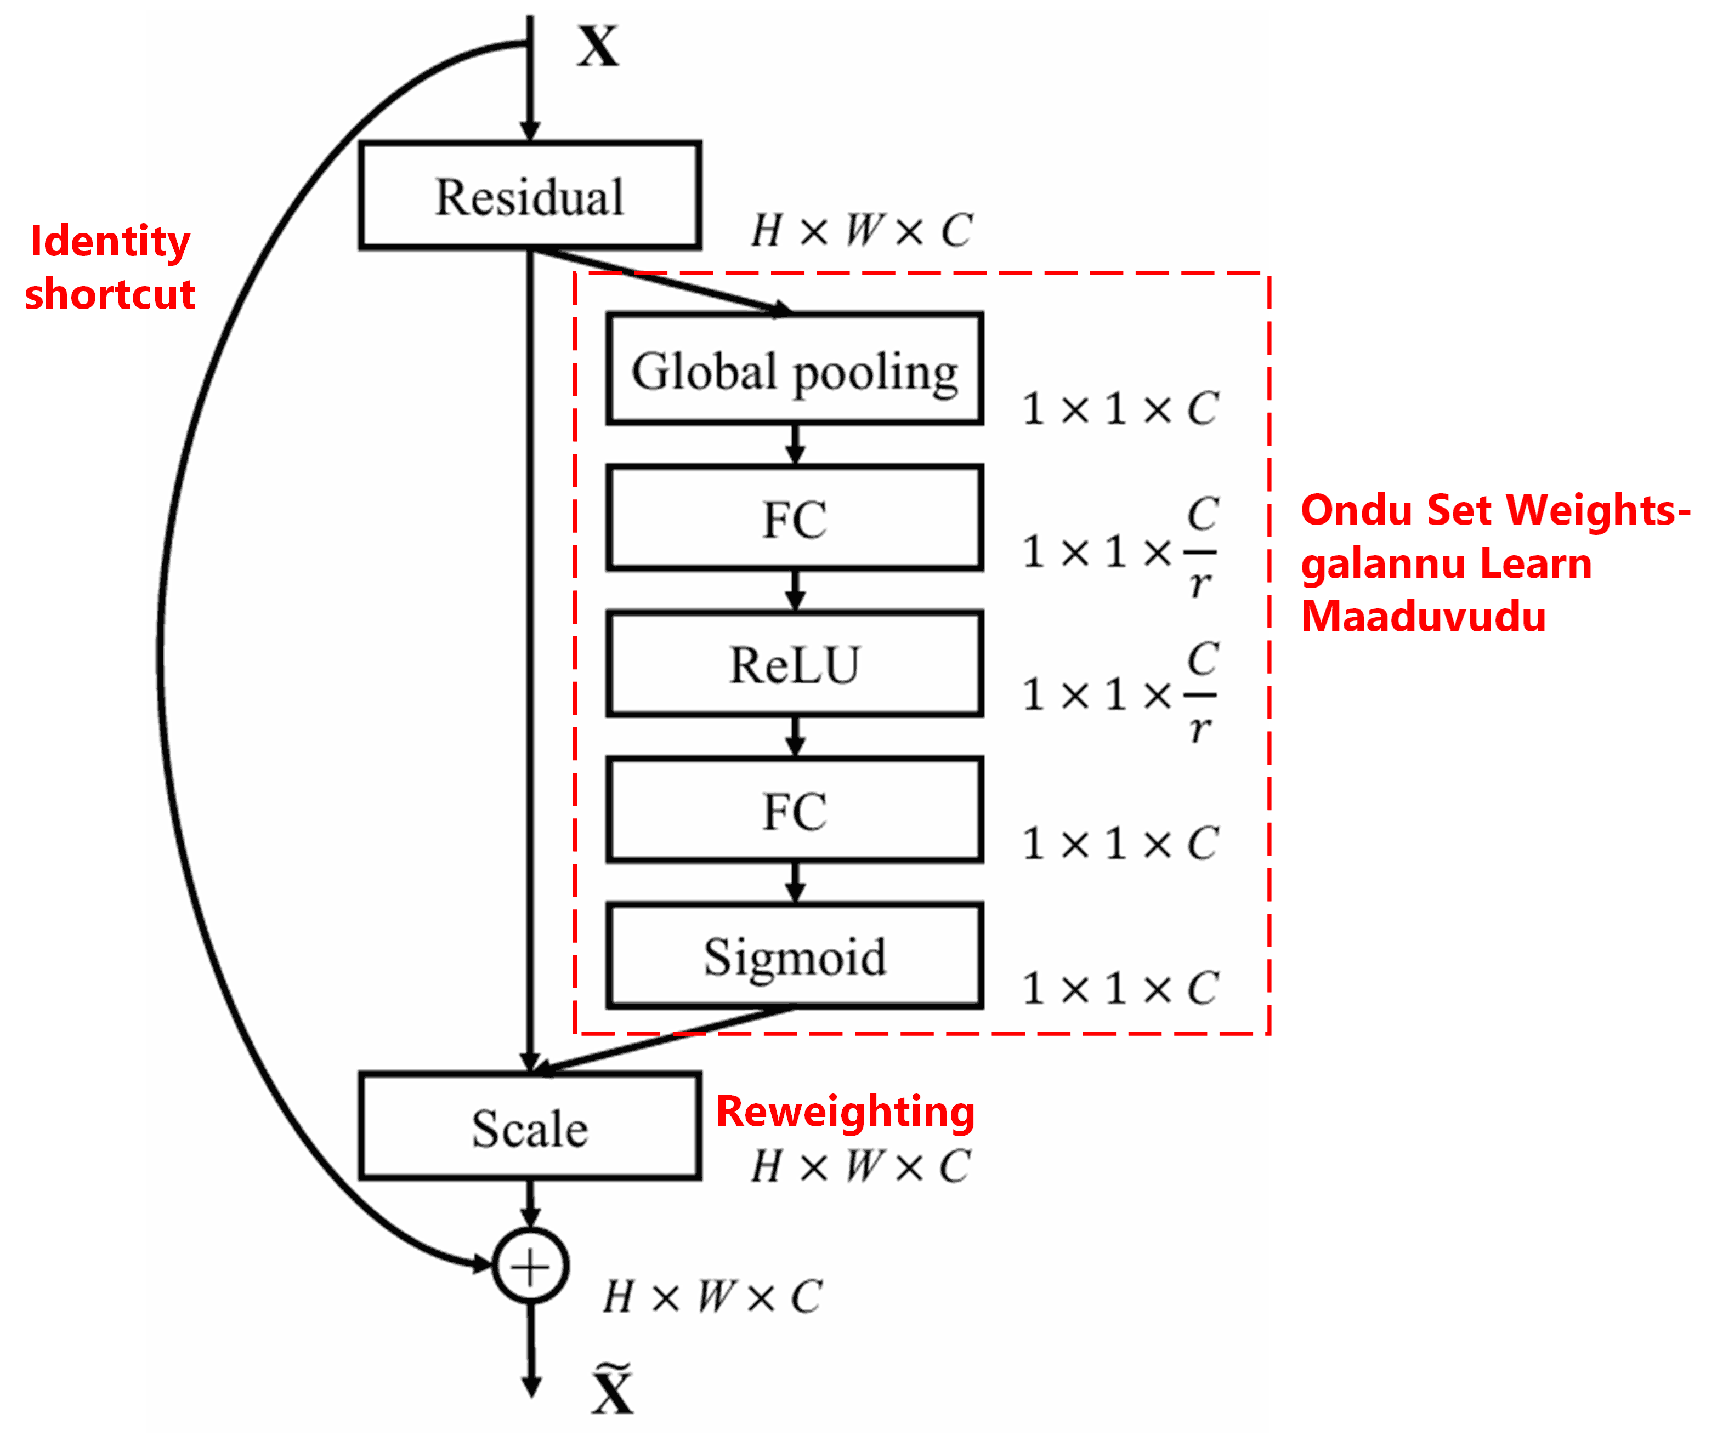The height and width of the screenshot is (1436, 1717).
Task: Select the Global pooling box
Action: [795, 369]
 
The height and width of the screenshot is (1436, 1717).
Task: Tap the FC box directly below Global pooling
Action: [795, 518]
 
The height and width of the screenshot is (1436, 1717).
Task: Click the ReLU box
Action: [795, 664]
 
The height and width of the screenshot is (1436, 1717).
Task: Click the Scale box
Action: [530, 1127]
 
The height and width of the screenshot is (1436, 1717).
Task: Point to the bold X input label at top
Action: [598, 47]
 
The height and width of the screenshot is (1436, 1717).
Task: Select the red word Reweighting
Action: [846, 1112]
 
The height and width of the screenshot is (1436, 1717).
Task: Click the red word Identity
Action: [110, 241]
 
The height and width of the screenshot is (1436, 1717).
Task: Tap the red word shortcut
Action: [110, 294]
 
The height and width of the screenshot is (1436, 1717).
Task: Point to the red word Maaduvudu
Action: [1424, 616]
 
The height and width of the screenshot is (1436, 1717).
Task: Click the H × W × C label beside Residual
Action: [862, 231]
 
